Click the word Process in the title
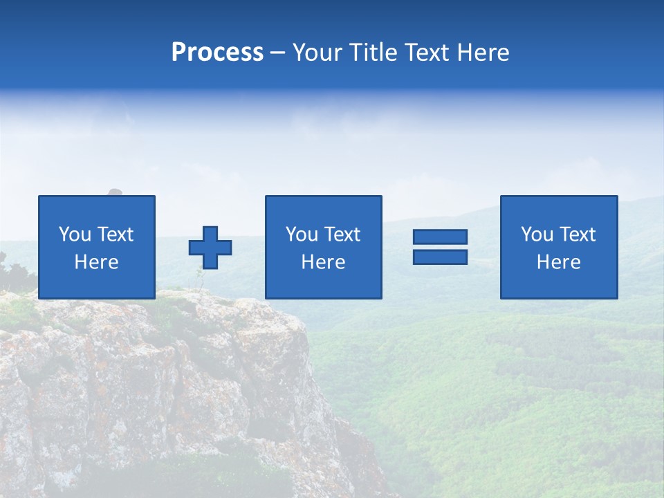coord(217,53)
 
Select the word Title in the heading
coord(374,53)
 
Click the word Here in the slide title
coord(485,53)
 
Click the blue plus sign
coord(210,248)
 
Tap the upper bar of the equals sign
coord(440,237)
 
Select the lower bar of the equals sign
coord(440,257)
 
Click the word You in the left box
coord(74,234)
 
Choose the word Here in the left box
coord(96,262)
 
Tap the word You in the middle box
coord(301,234)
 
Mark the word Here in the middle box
coord(323,262)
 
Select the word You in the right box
coord(536,234)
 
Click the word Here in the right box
coord(558,262)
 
